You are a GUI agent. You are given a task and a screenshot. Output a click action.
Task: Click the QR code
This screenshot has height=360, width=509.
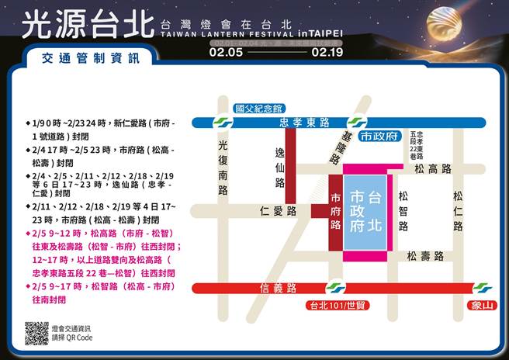[36, 333]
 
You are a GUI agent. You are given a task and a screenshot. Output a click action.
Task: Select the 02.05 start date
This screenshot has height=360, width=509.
[225, 54]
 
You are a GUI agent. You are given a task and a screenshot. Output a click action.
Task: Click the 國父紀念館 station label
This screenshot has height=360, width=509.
[259, 109]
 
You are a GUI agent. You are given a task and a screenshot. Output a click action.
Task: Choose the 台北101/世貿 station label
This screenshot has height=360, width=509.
[338, 305]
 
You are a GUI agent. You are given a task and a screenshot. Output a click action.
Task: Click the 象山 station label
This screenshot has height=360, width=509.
[483, 305]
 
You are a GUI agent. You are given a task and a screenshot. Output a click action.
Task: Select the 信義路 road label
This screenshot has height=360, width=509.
[279, 288]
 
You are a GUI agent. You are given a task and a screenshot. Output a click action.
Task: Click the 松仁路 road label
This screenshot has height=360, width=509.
[459, 211]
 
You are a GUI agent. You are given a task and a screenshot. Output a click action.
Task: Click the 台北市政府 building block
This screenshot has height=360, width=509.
[366, 209]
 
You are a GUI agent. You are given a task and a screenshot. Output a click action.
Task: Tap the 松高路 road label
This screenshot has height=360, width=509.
[432, 168]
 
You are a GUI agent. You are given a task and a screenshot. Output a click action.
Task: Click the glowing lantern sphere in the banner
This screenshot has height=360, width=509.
[459, 29]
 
